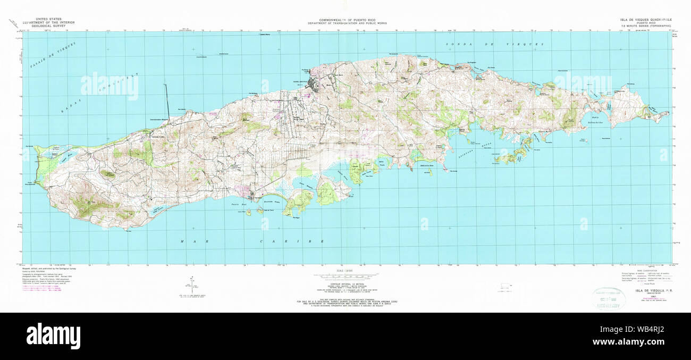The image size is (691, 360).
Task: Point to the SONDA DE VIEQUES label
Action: click(494, 45)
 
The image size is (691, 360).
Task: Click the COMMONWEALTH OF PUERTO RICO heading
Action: click(345, 21)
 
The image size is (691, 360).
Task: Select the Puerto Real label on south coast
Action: click(238, 204)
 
